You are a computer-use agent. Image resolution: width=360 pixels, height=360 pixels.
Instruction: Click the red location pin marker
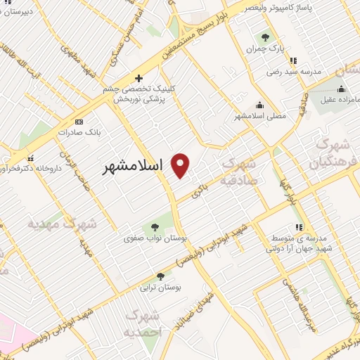tap(181, 166)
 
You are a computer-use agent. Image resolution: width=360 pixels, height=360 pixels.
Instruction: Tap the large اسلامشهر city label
tap(131, 167)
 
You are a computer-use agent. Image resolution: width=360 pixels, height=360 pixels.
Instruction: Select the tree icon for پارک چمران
tap(265, 37)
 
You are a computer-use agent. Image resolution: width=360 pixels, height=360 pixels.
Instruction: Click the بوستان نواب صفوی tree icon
tap(155, 227)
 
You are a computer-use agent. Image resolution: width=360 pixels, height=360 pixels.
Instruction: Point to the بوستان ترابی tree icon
tap(160, 276)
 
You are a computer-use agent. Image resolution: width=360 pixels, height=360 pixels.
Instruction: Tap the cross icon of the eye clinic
tap(139, 78)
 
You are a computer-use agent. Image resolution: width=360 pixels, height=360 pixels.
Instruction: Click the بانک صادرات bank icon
tap(79, 121)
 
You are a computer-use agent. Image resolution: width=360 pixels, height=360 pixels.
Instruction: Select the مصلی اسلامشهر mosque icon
tap(259, 105)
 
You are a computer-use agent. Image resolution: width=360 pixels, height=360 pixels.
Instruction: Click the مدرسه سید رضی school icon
tap(293, 60)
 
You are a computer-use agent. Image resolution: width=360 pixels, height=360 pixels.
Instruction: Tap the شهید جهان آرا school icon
tap(299, 227)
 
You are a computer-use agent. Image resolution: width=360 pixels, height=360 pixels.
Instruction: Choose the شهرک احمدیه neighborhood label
tap(142, 323)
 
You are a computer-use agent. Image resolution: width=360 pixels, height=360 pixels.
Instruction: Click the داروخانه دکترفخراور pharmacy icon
tap(30, 159)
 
